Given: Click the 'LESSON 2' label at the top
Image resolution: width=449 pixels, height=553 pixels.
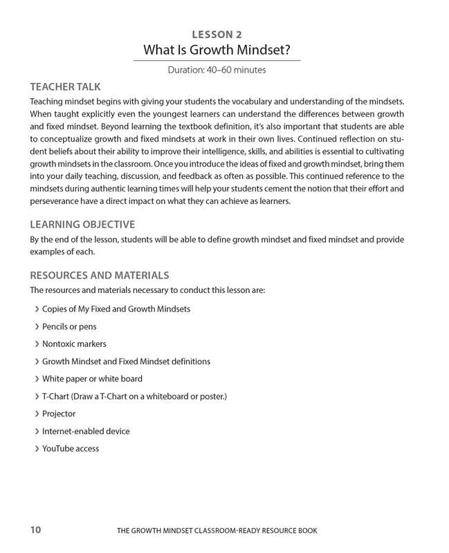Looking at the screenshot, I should pyautogui.click(x=216, y=34).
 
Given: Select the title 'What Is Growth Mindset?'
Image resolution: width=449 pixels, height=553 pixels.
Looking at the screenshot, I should pyautogui.click(x=216, y=50).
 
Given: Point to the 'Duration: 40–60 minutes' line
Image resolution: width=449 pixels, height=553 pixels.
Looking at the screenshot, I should pyautogui.click(x=217, y=69).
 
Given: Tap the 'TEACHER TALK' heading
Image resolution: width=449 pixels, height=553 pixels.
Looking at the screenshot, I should pyautogui.click(x=65, y=86).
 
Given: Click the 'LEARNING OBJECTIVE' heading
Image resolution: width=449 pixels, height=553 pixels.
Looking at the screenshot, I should pyautogui.click(x=82, y=225).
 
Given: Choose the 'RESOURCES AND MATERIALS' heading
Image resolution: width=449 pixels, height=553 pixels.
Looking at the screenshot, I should pyautogui.click(x=100, y=275).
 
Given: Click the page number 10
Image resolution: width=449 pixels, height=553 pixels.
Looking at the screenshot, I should pyautogui.click(x=36, y=530).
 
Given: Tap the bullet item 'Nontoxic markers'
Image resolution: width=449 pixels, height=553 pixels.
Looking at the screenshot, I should pyautogui.click(x=74, y=344).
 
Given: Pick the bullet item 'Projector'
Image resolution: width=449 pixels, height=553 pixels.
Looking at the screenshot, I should pyautogui.click(x=59, y=413).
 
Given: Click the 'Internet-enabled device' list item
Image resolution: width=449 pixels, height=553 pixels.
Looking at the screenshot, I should pyautogui.click(x=86, y=431).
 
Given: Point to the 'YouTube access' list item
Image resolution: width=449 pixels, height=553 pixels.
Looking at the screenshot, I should pyautogui.click(x=71, y=449).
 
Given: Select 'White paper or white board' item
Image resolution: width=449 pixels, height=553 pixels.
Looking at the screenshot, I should pyautogui.click(x=92, y=379).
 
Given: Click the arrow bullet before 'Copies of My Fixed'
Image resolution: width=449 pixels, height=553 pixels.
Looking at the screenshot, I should pyautogui.click(x=36, y=309).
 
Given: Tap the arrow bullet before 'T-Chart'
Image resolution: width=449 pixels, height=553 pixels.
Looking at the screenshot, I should pyautogui.click(x=36, y=396).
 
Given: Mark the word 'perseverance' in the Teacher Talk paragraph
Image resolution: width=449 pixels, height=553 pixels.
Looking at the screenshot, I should pyautogui.click(x=55, y=201).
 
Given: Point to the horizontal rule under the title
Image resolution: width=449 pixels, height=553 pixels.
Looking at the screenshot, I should pyautogui.click(x=217, y=61).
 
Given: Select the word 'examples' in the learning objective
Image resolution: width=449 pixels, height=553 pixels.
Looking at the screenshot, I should pyautogui.click(x=48, y=253).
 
